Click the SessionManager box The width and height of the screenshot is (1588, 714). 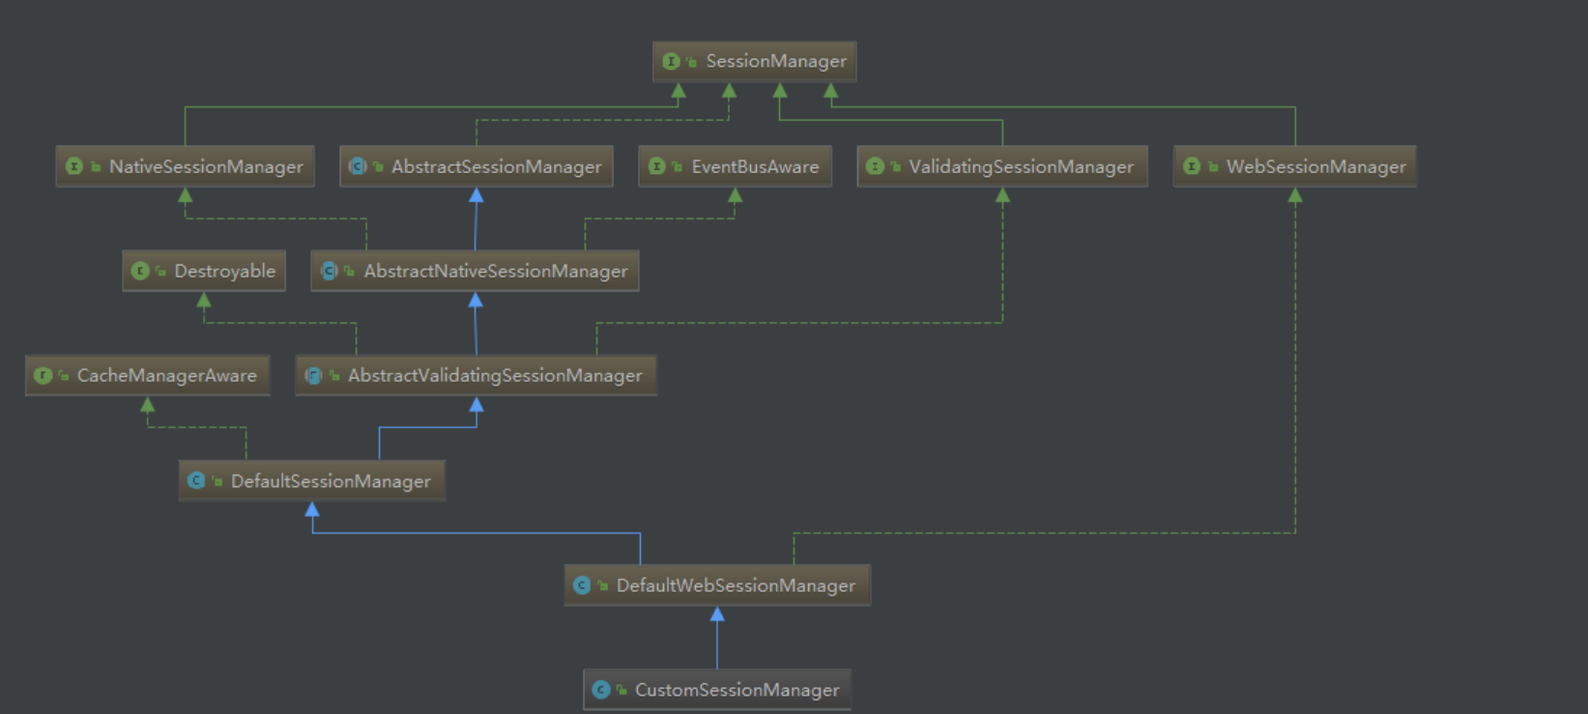pos(754,62)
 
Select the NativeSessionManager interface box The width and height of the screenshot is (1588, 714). pos(185,166)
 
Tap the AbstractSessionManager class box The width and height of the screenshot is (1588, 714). pos(476,166)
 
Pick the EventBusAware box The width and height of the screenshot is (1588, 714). pos(736,166)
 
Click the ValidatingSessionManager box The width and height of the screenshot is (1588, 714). pos(1002,166)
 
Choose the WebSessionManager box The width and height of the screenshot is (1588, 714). pos(1295,166)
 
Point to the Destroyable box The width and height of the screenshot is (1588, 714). pos(204,271)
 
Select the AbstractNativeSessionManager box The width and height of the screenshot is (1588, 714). pos(475,271)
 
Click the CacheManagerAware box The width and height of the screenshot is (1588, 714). pos(148,376)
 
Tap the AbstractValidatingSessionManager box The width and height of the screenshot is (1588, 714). pos(476,376)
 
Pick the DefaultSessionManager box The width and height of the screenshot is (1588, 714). pos(312,481)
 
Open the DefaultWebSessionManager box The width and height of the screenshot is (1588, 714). pos(717,585)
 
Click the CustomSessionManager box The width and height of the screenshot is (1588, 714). pos(717,689)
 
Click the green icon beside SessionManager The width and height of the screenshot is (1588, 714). pos(671,62)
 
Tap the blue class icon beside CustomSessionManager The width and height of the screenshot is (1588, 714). pos(601,689)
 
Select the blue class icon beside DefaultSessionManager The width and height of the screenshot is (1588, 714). pos(196,481)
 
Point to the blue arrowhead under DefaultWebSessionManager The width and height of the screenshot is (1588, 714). pos(717,614)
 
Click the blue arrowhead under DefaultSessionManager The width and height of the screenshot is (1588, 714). pos(312,508)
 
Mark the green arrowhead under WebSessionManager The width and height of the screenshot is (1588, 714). pos(1295,195)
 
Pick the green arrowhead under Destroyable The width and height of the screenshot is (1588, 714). pos(204,300)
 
